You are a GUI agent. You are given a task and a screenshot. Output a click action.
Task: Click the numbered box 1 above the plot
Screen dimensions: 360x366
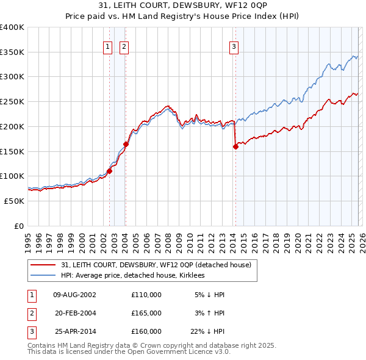pyautogui.click(x=108, y=45)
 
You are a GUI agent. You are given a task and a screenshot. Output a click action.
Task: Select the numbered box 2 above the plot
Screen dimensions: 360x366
pyautogui.click(x=124, y=45)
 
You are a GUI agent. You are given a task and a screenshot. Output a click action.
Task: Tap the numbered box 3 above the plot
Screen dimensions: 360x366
pyautogui.click(x=234, y=45)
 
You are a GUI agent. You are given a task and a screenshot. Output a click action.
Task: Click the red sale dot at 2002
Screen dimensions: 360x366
pyautogui.click(x=110, y=171)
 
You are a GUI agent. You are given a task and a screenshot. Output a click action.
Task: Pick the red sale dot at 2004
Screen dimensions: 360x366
pyautogui.click(x=126, y=145)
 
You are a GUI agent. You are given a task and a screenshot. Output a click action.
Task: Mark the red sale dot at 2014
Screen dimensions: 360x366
pyautogui.click(x=235, y=146)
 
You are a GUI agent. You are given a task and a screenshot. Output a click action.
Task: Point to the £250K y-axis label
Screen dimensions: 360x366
pyautogui.click(x=12, y=102)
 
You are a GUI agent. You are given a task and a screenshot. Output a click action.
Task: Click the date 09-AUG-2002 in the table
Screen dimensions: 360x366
pyautogui.click(x=74, y=295)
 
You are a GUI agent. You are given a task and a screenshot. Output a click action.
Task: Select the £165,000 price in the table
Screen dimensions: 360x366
pyautogui.click(x=146, y=313)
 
